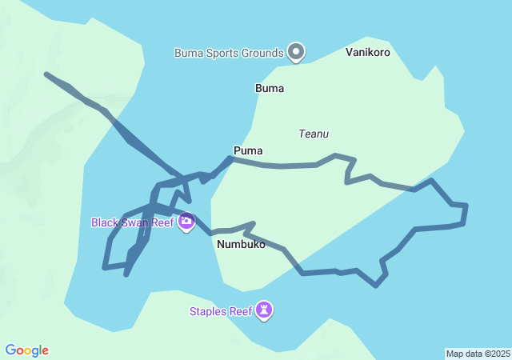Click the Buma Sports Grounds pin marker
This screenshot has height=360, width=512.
tap(296, 53)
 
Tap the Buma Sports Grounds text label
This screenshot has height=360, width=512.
tap(230, 54)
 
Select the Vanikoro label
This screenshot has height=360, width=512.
tap(368, 52)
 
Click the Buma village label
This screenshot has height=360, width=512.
tap(270, 88)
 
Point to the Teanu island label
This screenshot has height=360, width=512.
tap(314, 134)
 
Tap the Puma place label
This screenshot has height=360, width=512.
tap(248, 150)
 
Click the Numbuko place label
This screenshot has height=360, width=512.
tap(241, 244)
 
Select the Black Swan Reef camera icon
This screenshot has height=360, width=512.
tap(186, 222)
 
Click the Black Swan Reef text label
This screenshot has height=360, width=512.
tap(132, 222)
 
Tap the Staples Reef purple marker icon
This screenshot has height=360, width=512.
tap(264, 310)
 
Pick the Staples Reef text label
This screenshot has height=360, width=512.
tap(220, 311)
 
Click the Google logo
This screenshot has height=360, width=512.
tap(27, 350)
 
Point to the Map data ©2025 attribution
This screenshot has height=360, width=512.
tap(477, 354)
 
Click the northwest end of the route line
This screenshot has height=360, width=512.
tap(47, 74)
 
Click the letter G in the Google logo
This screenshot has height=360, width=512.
tap(10, 350)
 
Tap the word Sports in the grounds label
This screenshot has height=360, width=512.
tap(226, 54)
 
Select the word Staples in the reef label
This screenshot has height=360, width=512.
tap(208, 311)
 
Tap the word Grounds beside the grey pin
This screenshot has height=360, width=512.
tap(264, 54)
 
